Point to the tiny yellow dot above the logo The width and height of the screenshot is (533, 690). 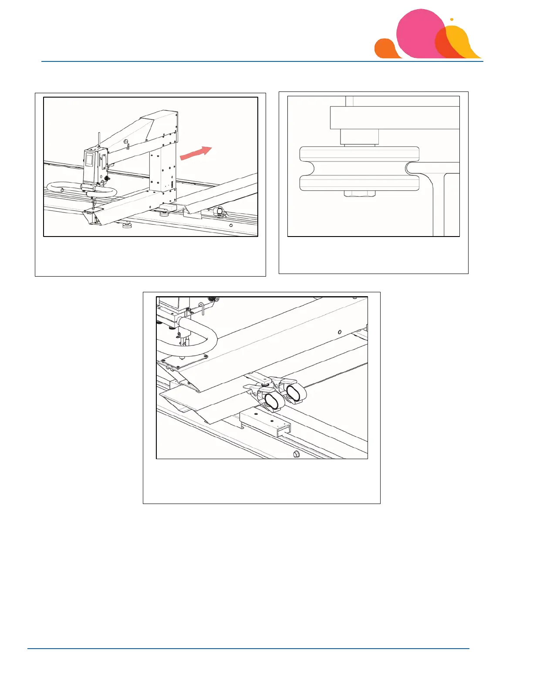click(x=452, y=19)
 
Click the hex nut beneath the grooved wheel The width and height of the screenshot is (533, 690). click(x=359, y=193)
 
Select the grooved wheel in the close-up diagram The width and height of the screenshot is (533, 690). click(x=359, y=169)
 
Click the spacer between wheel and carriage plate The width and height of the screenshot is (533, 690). click(x=359, y=137)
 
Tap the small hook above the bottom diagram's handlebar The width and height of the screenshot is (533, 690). click(x=202, y=308)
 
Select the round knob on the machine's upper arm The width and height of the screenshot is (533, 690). click(x=126, y=142)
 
